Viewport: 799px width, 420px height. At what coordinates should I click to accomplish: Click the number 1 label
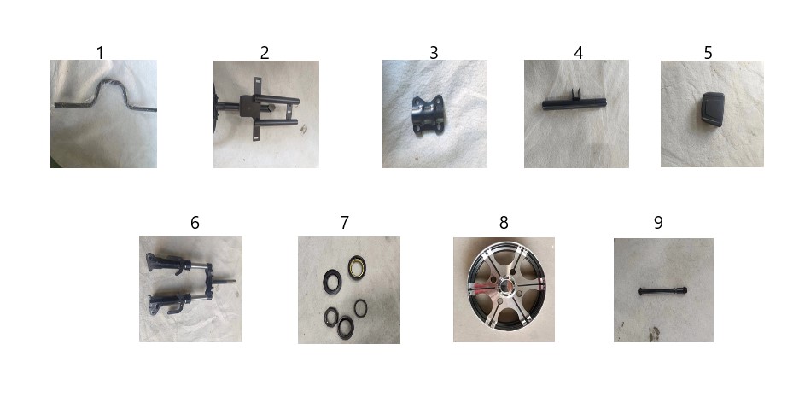point(100,53)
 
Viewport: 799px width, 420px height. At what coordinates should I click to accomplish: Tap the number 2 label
point(265,53)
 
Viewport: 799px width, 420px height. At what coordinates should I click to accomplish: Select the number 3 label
point(434,53)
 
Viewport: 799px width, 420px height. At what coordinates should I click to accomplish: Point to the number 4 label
point(578,53)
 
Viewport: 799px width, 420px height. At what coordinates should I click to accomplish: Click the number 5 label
point(708,53)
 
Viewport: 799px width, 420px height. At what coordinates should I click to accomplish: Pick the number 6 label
point(195,223)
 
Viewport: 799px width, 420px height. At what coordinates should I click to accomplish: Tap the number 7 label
point(345,223)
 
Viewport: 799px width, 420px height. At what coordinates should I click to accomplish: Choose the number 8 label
point(504,223)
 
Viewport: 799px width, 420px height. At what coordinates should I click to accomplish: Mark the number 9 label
point(658,223)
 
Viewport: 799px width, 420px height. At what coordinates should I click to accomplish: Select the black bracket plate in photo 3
point(428,115)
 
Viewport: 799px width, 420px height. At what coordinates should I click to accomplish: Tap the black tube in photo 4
point(574,104)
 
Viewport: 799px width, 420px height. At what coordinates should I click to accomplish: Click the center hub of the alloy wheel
point(506,286)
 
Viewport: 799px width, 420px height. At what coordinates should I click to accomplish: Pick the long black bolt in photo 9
point(662,291)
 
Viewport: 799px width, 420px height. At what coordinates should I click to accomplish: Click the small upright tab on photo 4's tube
point(576,94)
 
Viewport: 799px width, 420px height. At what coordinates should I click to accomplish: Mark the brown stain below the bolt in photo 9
point(654,334)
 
